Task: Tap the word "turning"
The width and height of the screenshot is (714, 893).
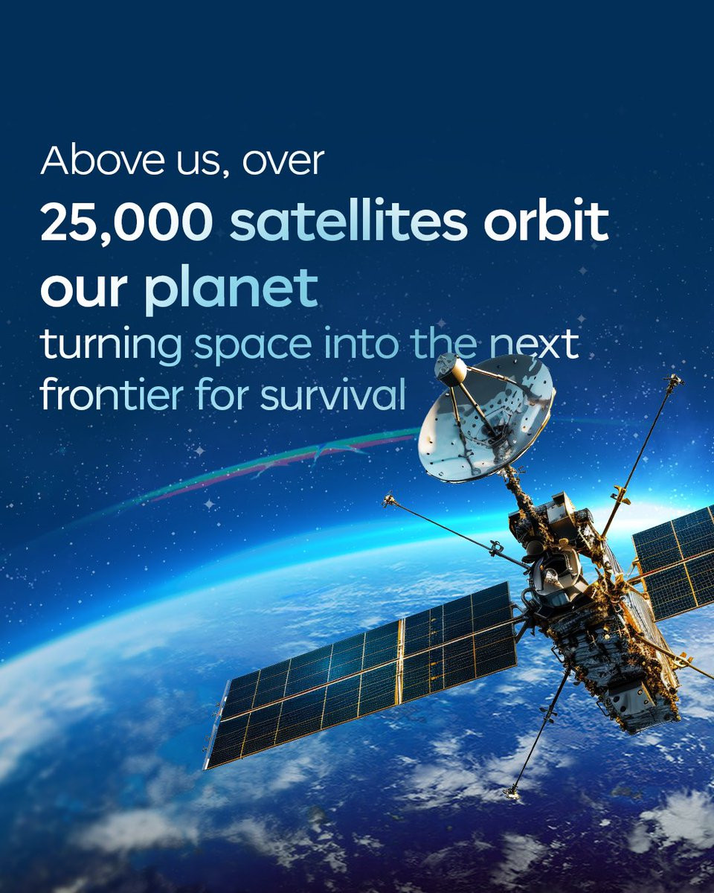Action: [x=111, y=345]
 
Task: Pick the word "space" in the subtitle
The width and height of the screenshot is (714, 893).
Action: [x=253, y=345]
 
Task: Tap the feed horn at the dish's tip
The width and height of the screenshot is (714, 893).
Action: [x=451, y=368]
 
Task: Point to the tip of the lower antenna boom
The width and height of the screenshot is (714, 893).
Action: [x=511, y=794]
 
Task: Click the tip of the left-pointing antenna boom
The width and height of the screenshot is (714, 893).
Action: [x=388, y=499]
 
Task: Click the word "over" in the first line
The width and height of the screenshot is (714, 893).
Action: [x=283, y=161]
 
